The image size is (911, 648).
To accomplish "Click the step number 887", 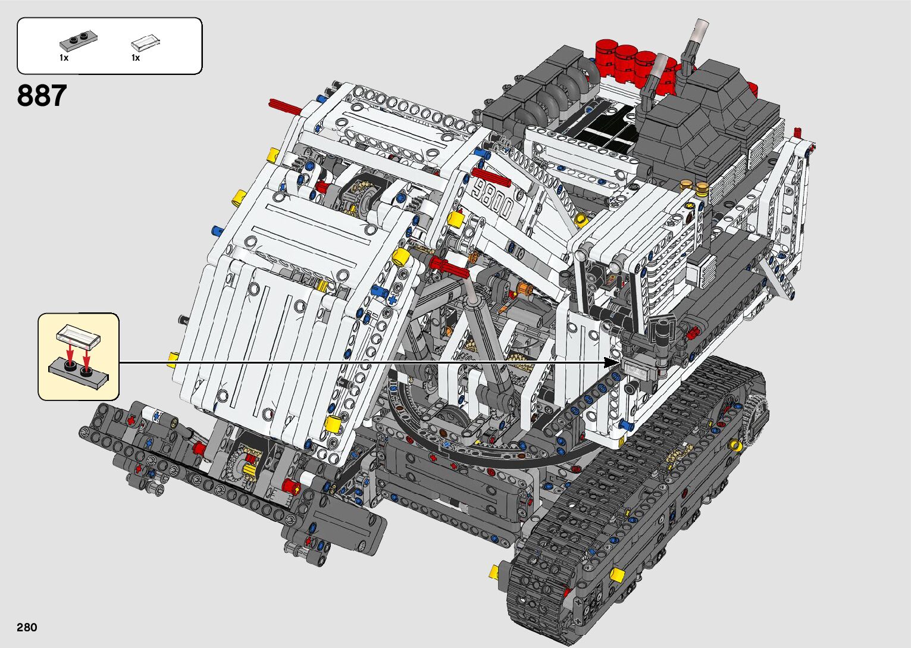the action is coord(42,96).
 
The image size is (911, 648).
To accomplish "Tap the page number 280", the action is coord(27,628).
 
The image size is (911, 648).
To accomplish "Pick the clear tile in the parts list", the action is coord(146,42).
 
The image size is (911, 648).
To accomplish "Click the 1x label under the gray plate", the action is coord(64,58).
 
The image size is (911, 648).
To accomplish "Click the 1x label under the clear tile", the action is coord(136,58).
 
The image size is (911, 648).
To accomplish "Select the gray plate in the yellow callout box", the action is coord(79,374).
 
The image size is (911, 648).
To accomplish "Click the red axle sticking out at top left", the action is coord(285,107).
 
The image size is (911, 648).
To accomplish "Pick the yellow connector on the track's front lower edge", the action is coord(616,575).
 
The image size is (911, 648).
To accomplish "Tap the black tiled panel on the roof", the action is coord(601,129).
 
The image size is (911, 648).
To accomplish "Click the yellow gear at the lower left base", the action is coord(250,461).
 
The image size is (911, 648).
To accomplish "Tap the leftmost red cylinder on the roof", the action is coord(606,52).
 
